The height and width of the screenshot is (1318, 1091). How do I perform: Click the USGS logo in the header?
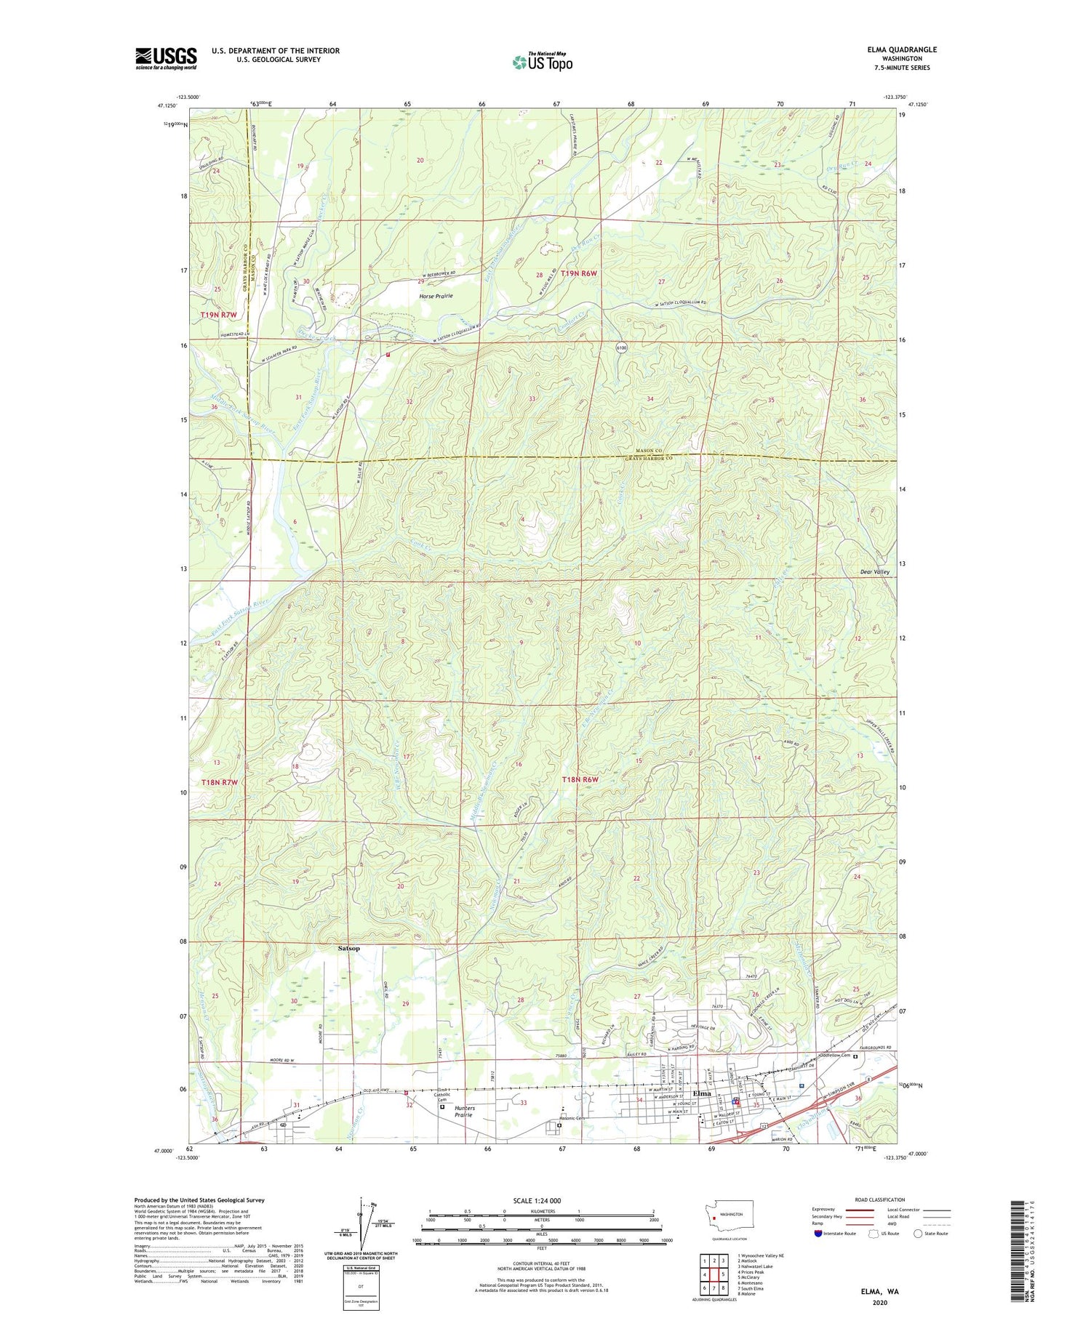point(166,58)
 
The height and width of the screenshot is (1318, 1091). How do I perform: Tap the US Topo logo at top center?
point(542,62)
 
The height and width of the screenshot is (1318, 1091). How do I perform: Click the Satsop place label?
point(349,949)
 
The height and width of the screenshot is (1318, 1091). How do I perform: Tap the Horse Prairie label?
point(436,296)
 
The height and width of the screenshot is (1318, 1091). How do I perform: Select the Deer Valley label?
point(875,572)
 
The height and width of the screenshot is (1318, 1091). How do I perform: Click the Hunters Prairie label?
point(464,1112)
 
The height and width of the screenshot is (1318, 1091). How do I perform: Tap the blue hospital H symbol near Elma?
point(801,1086)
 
